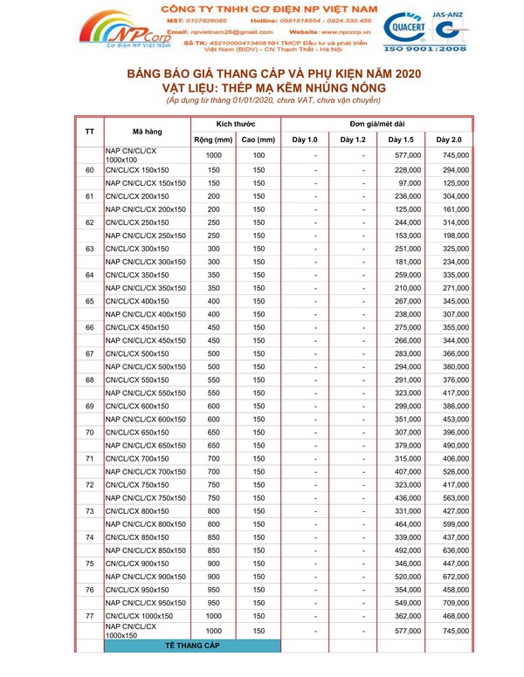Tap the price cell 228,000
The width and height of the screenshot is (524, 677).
click(408, 169)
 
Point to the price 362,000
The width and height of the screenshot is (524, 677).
click(408, 616)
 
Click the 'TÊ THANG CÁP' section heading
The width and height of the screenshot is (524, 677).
click(191, 646)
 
